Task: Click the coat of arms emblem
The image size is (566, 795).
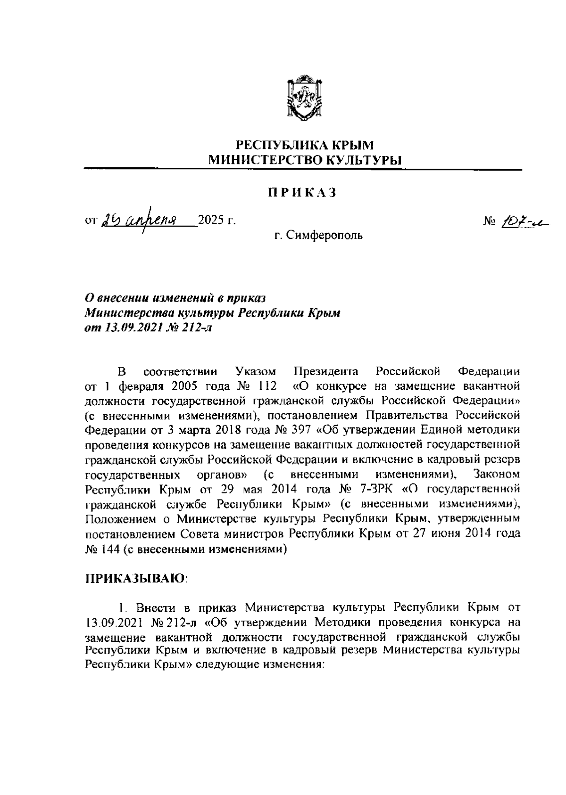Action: tap(305, 96)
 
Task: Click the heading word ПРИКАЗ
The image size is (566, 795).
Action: tap(302, 193)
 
